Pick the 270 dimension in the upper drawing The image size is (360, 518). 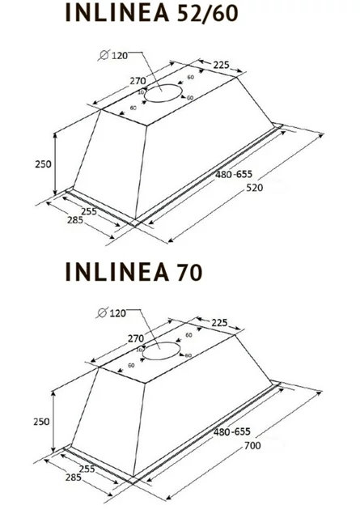click(138, 81)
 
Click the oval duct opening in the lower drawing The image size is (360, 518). click(165, 352)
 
